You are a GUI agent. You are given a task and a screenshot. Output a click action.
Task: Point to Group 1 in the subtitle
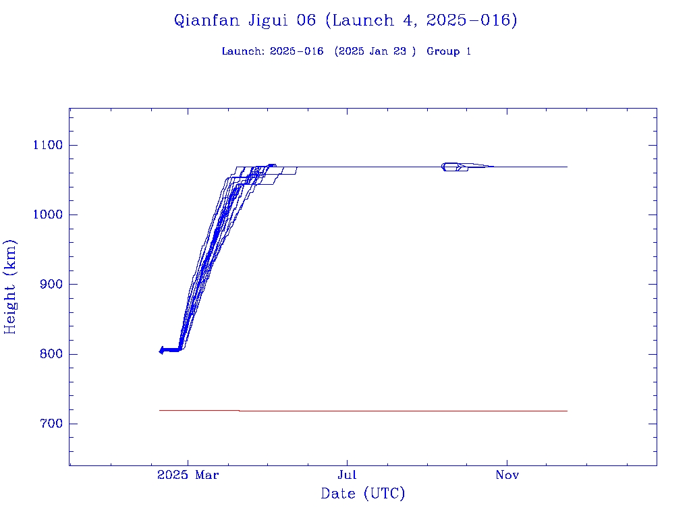(x=449, y=52)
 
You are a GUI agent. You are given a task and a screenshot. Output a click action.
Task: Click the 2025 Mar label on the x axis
(x=188, y=476)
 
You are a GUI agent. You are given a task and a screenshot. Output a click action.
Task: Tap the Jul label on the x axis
(x=347, y=476)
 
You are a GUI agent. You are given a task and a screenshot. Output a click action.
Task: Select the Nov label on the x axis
(x=507, y=476)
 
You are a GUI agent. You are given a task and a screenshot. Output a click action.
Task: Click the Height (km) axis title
(x=11, y=287)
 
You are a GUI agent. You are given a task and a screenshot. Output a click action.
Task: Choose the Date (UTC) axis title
(x=363, y=494)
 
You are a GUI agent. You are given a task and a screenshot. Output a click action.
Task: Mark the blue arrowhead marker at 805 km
(x=161, y=350)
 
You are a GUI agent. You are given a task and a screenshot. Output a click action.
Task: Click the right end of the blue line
(x=566, y=167)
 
